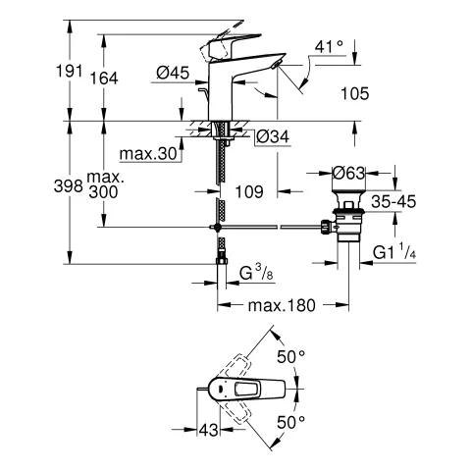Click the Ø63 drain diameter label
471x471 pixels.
pyautogui.click(x=348, y=173)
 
